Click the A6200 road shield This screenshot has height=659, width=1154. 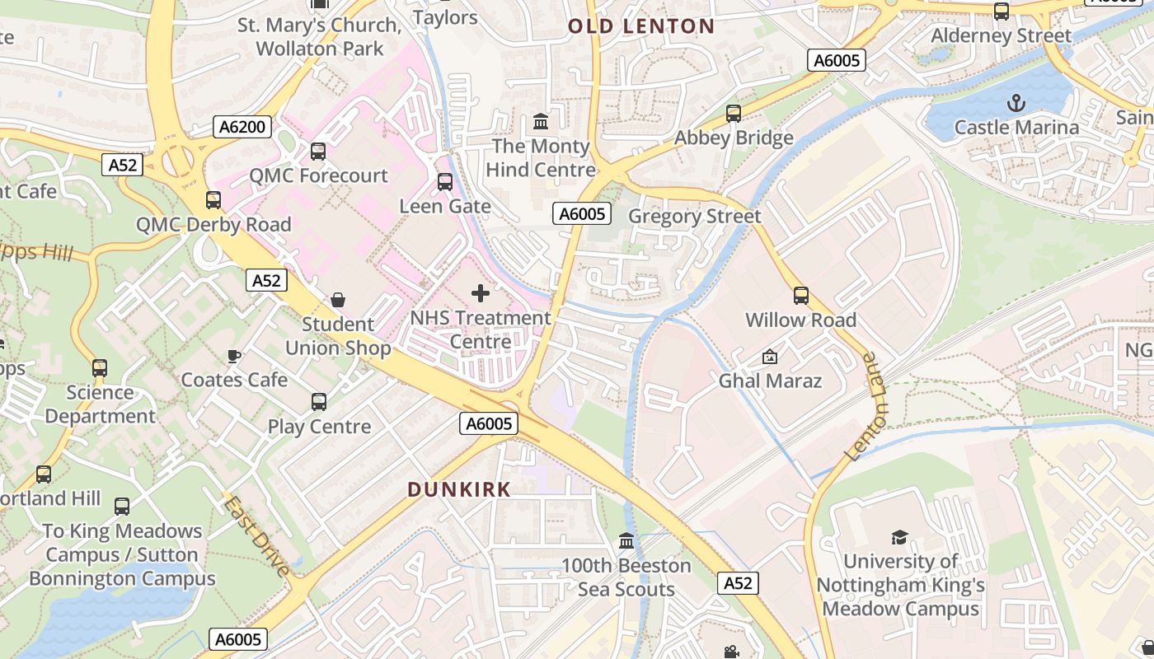(x=244, y=127)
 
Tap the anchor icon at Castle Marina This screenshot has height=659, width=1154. (x=1016, y=103)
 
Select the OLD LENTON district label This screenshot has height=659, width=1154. (x=641, y=26)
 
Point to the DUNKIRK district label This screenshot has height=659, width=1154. (x=459, y=489)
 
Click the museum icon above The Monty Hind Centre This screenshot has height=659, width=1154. (x=541, y=122)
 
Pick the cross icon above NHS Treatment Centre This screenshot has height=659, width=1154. (x=481, y=292)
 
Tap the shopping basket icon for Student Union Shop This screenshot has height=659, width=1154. (x=338, y=299)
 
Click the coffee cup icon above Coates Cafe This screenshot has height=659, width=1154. (x=234, y=356)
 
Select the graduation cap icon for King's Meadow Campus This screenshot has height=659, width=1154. (x=899, y=537)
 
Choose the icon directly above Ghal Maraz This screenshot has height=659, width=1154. (x=770, y=356)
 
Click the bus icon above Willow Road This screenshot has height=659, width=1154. (x=800, y=295)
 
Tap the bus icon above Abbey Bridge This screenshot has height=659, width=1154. (x=733, y=113)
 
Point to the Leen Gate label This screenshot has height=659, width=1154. (x=445, y=206)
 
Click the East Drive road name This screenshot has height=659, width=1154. (x=257, y=535)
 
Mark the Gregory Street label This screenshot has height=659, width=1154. (x=694, y=217)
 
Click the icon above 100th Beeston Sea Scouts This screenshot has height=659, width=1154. (x=626, y=541)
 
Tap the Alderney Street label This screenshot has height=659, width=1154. (x=1001, y=36)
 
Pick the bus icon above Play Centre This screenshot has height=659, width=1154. (x=319, y=402)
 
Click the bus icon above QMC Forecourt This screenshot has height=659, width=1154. (x=318, y=152)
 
